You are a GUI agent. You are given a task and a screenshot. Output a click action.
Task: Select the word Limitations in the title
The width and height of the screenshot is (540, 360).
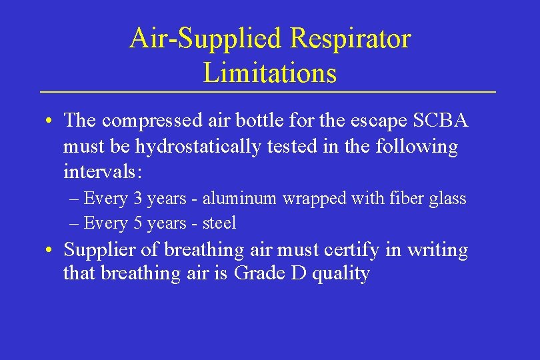(270, 72)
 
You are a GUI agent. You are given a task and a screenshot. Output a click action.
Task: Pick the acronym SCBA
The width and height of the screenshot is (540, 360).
(441, 121)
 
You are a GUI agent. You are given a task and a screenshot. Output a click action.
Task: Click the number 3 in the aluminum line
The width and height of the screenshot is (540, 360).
(137, 198)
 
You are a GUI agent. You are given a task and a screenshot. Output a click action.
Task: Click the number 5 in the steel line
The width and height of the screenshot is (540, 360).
(137, 223)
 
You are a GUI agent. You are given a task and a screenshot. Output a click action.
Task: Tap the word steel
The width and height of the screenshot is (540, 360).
(219, 223)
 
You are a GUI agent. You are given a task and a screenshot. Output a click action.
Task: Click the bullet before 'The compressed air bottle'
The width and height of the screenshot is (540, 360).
(50, 122)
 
